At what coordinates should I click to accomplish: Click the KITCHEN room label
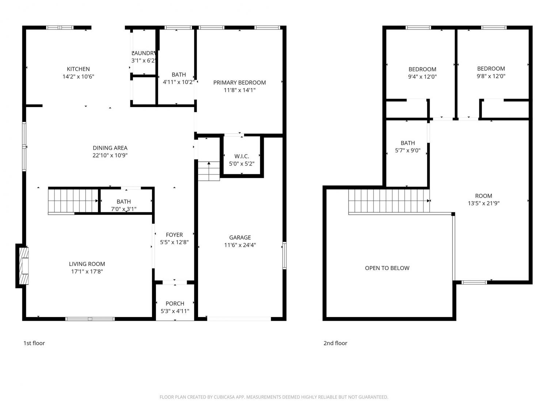point(78,69)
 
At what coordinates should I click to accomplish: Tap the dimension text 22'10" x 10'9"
point(110,155)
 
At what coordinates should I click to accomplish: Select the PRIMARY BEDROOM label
point(239,83)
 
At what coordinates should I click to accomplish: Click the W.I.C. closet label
point(241,156)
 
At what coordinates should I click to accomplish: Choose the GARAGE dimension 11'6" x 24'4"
point(240,245)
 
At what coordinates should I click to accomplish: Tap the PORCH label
point(175,304)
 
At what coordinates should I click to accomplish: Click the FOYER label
point(174,235)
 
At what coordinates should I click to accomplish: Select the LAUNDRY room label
point(144,53)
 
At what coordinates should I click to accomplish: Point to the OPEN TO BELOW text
point(387,268)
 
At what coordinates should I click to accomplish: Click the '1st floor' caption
point(34,343)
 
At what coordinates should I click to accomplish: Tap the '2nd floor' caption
point(335,343)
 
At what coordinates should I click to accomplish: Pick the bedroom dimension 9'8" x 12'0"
point(491,76)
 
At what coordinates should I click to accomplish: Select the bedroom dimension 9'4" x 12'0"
point(422,77)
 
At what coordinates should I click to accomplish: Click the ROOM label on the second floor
point(484,196)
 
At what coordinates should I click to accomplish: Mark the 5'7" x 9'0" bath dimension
point(408,151)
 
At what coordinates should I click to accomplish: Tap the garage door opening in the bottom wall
point(239,319)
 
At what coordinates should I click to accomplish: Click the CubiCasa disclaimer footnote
point(274,397)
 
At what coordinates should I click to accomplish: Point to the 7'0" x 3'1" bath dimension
point(123,209)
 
